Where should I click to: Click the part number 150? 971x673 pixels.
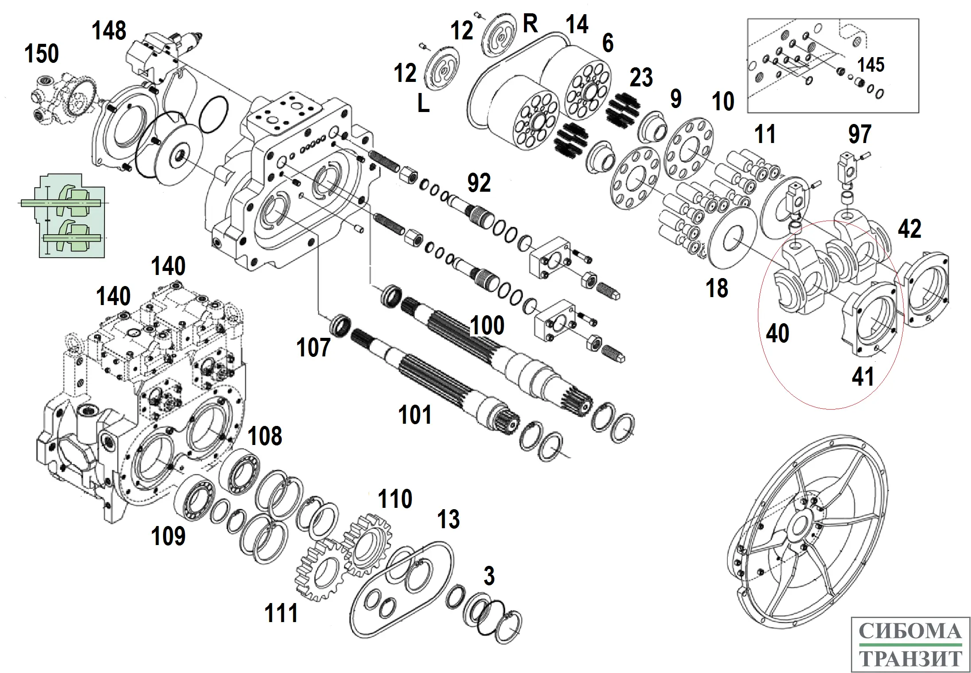[x=41, y=54]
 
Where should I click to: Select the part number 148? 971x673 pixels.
[x=109, y=31]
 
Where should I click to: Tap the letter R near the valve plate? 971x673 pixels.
[x=530, y=23]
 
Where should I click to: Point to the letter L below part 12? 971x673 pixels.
[x=423, y=104]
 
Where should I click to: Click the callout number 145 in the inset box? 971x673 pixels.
[x=870, y=65]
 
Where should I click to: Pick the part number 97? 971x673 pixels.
[x=860, y=134]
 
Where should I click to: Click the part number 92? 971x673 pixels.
[x=479, y=183]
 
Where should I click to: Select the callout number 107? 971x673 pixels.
[x=313, y=348]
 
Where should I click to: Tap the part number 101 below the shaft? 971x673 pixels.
[x=415, y=415]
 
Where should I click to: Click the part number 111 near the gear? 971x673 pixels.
[x=281, y=614]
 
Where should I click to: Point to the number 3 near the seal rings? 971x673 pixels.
[x=489, y=576]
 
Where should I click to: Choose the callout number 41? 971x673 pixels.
[x=863, y=377]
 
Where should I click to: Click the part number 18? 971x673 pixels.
[x=717, y=288]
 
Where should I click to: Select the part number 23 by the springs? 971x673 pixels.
[x=641, y=78]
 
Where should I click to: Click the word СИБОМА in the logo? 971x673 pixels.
[x=910, y=631]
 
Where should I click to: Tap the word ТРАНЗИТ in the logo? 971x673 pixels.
[x=910, y=659]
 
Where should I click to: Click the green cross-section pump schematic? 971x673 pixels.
[x=66, y=216]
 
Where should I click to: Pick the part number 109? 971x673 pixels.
[x=168, y=536]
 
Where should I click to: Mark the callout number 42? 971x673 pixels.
[x=909, y=229]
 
